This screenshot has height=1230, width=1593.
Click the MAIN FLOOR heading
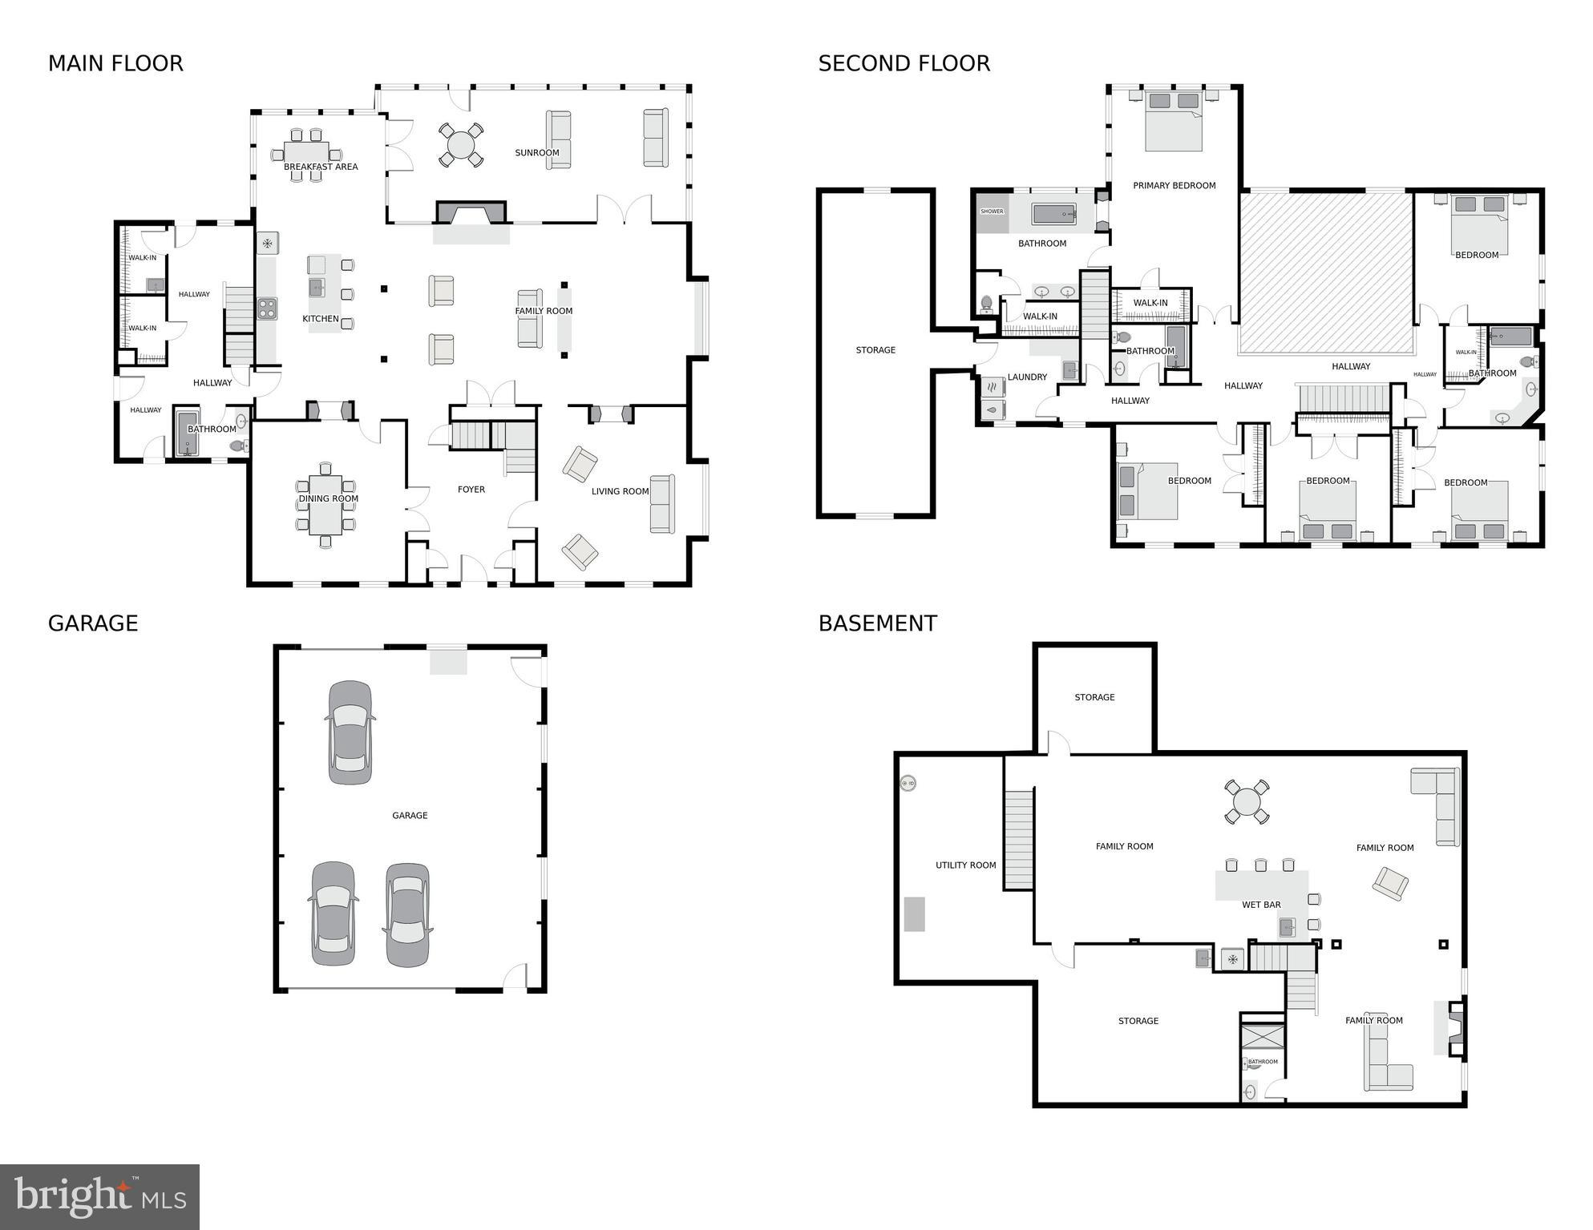click(115, 63)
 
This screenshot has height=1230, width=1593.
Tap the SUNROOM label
click(536, 153)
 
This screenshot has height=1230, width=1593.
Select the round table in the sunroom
click(461, 145)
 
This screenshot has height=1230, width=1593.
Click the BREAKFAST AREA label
click(321, 167)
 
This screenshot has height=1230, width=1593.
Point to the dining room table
click(325, 505)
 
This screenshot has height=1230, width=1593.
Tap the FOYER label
click(471, 490)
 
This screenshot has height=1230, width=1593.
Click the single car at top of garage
click(350, 732)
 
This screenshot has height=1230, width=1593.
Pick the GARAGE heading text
click(93, 623)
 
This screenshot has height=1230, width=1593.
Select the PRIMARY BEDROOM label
click(1174, 186)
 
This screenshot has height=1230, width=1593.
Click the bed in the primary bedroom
click(1174, 122)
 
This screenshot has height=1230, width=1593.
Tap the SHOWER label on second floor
click(992, 212)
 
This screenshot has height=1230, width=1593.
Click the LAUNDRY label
click(1027, 377)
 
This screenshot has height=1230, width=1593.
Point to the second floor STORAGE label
click(875, 350)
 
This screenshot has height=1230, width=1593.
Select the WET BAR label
click(1261, 905)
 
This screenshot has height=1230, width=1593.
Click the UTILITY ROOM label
click(965, 865)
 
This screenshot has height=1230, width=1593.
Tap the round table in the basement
click(1247, 801)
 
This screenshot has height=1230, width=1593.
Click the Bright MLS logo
click(99, 1197)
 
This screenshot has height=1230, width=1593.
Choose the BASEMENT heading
click(877, 623)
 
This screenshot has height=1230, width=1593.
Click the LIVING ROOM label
click(620, 491)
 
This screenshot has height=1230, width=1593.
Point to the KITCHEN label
click(320, 319)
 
